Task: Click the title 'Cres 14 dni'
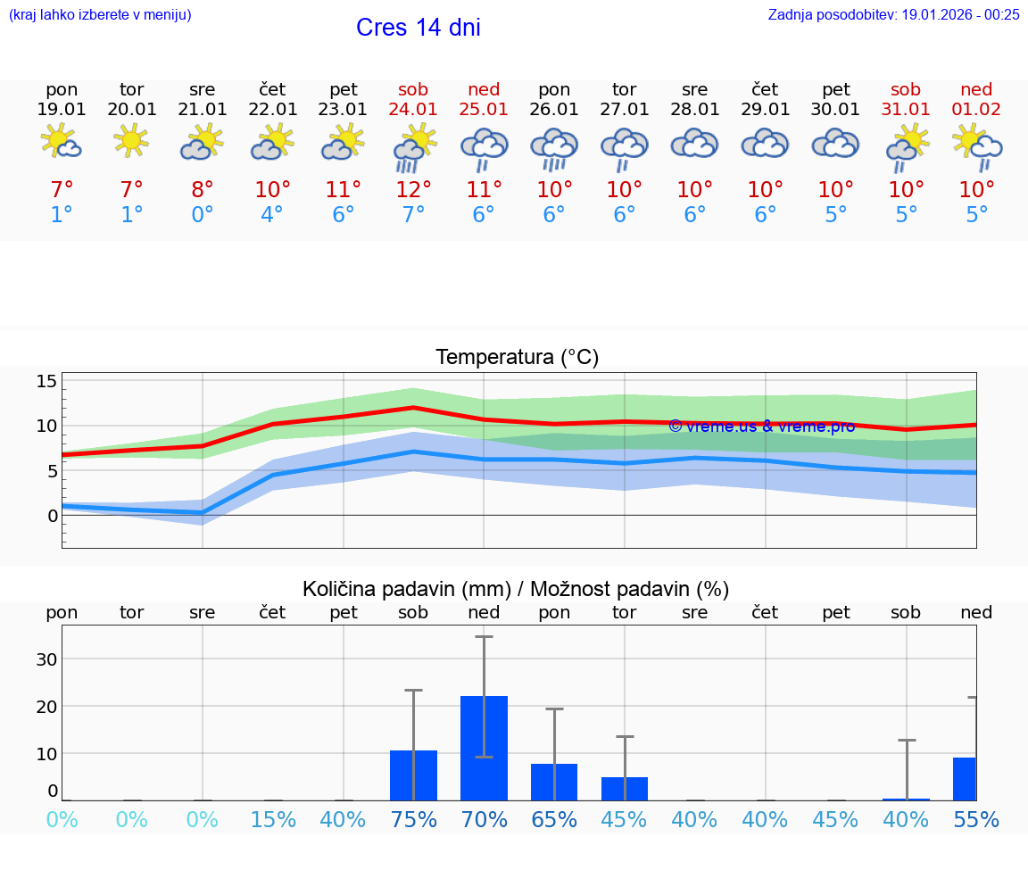point(418,28)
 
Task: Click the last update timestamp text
point(893,14)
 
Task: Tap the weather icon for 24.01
point(413,147)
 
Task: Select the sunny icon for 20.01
point(131,141)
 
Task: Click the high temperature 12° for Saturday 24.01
point(413,189)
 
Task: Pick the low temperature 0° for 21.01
point(202,215)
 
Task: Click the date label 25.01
point(484,109)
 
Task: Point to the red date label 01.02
point(976,109)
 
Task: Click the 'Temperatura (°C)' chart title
point(517,358)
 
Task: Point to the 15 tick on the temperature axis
point(46,382)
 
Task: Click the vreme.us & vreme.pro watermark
point(761,427)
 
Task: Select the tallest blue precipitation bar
point(484,748)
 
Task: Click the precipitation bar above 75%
point(413,775)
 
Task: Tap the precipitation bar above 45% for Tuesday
point(625,788)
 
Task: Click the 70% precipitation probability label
point(484,819)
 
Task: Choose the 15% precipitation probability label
point(272,819)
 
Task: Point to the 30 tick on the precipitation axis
point(46,659)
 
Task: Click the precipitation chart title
point(516,589)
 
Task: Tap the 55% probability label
point(976,819)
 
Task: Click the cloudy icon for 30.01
point(835,144)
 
